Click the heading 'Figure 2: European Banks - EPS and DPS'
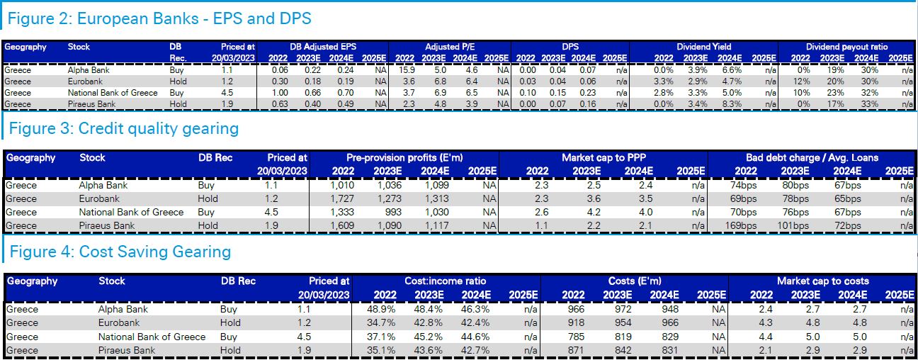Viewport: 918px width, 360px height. (x=159, y=18)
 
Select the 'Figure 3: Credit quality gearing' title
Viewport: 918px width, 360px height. (x=123, y=128)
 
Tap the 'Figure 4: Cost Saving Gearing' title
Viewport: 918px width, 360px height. (x=120, y=252)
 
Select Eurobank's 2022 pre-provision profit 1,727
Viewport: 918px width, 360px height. (x=342, y=199)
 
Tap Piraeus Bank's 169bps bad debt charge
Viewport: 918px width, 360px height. (x=743, y=226)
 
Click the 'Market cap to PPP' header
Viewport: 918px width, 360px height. (x=603, y=157)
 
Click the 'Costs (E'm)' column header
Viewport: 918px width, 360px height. (x=635, y=281)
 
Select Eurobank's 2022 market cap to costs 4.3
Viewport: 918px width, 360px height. (x=765, y=323)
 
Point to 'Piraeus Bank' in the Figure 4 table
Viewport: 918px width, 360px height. (x=127, y=350)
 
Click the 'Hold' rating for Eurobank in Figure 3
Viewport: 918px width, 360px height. (x=208, y=199)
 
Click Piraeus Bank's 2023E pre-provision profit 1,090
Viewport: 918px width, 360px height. (x=390, y=226)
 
